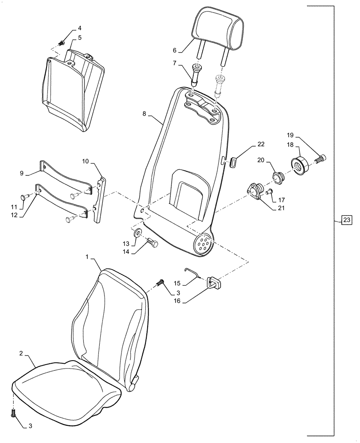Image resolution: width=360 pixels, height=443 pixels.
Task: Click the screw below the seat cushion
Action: pos(13,413)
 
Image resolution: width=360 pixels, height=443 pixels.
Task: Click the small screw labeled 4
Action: pos(62,43)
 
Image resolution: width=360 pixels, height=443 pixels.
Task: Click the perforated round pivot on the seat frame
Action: pos(203,244)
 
